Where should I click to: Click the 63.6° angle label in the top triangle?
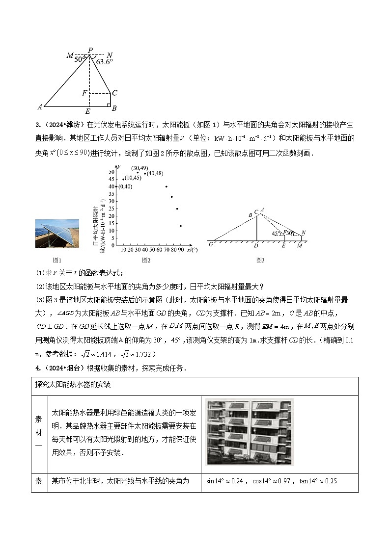[105, 62]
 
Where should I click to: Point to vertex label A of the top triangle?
[40, 107]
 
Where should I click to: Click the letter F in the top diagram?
[84, 93]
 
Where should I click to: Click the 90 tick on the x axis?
[181, 250]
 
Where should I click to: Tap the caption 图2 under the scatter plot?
[146, 260]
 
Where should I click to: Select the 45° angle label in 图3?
[277, 234]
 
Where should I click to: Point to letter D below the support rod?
[256, 245]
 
